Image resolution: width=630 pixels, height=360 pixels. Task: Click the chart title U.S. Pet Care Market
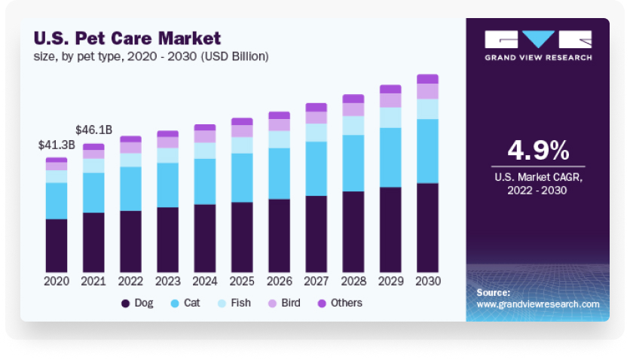point(127,38)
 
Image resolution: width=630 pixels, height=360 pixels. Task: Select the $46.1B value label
point(93,130)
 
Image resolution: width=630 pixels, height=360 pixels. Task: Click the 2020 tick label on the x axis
point(57,281)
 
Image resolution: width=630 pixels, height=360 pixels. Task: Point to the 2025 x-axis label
point(242,281)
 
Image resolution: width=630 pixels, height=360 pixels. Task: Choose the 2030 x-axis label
point(427,281)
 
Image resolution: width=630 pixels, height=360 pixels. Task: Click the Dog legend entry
point(137,303)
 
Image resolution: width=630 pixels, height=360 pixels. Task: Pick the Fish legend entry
point(234,303)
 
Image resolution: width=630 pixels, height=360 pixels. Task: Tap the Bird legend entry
point(284,303)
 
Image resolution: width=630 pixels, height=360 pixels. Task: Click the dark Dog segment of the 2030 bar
point(427,227)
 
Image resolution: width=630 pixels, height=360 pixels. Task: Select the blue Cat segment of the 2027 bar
point(316,169)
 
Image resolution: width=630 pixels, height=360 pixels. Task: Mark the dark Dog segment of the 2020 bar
point(57,246)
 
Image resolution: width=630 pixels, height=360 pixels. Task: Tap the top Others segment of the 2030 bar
point(427,78)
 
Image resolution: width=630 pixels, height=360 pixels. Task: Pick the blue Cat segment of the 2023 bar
point(167,185)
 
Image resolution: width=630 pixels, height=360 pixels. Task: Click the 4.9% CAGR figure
point(538,150)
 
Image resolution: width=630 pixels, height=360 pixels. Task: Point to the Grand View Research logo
point(538,45)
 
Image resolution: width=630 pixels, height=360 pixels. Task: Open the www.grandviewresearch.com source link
point(538,304)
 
